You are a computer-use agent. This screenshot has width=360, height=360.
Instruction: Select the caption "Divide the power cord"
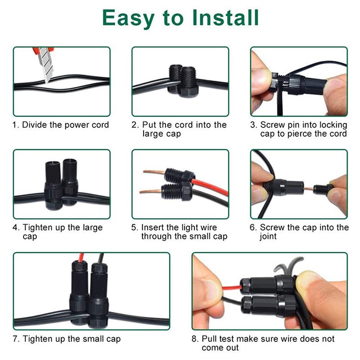click(66, 125)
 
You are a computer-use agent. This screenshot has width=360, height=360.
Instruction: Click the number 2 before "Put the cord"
click(134, 125)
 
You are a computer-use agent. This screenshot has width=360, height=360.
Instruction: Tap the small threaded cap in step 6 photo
click(322, 189)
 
